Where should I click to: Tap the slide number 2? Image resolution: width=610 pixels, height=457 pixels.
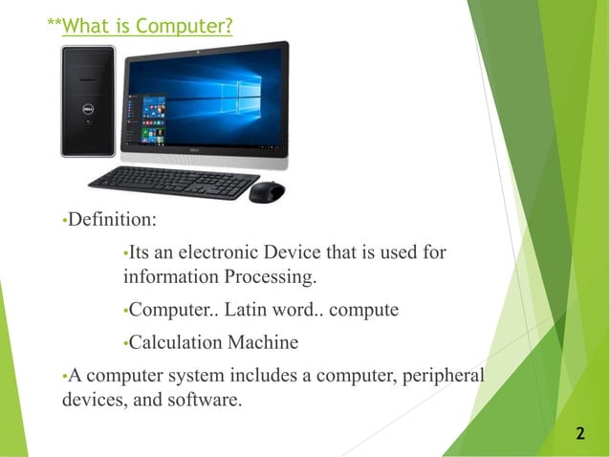pyautogui.click(x=579, y=435)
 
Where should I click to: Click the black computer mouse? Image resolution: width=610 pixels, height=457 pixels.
pyautogui.click(x=266, y=191)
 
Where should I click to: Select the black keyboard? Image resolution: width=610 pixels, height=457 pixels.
pyautogui.click(x=173, y=181)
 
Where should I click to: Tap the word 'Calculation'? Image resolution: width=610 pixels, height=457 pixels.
pyautogui.click(x=175, y=342)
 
